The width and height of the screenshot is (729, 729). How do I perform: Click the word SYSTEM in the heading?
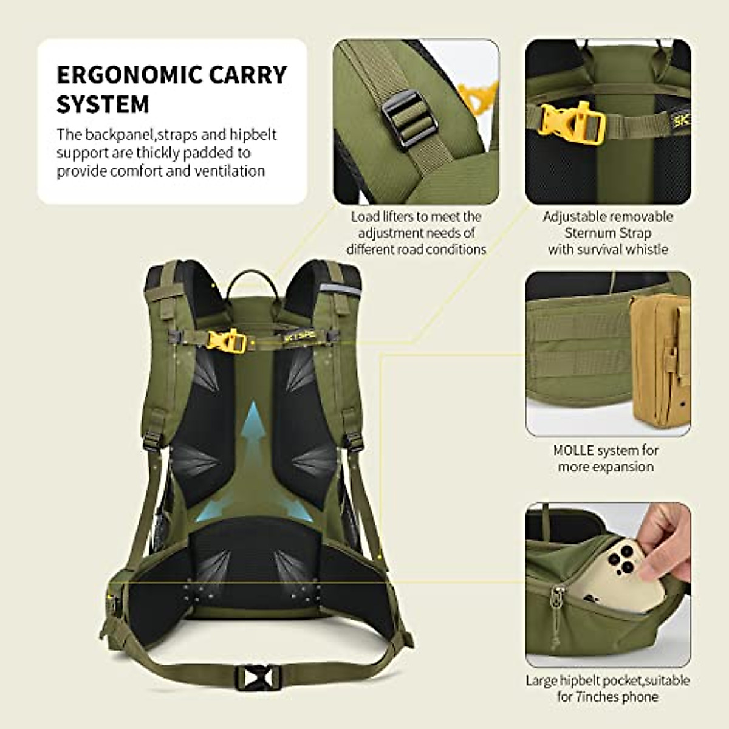point(103,104)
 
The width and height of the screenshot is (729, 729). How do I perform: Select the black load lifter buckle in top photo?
point(409,118)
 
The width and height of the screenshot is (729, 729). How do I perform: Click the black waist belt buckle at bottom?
point(258,677)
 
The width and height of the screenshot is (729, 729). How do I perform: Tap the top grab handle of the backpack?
point(253,281)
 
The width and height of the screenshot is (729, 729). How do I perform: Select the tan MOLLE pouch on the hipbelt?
point(660,359)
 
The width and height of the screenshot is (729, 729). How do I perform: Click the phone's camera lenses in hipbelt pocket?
point(620,558)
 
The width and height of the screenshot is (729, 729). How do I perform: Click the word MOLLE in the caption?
point(573,451)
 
